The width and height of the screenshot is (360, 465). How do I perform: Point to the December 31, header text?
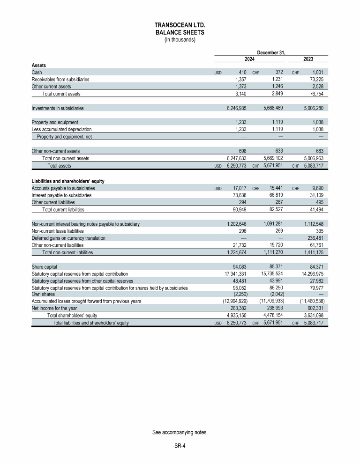(x=271, y=52)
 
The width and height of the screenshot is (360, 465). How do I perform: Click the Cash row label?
(x=37, y=73)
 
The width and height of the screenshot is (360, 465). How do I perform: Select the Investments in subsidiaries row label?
(x=58, y=108)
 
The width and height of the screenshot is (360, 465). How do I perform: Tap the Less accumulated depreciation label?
(x=61, y=129)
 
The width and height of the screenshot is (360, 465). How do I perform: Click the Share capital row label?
(x=45, y=266)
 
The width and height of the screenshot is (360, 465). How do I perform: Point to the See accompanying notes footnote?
(x=180, y=432)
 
